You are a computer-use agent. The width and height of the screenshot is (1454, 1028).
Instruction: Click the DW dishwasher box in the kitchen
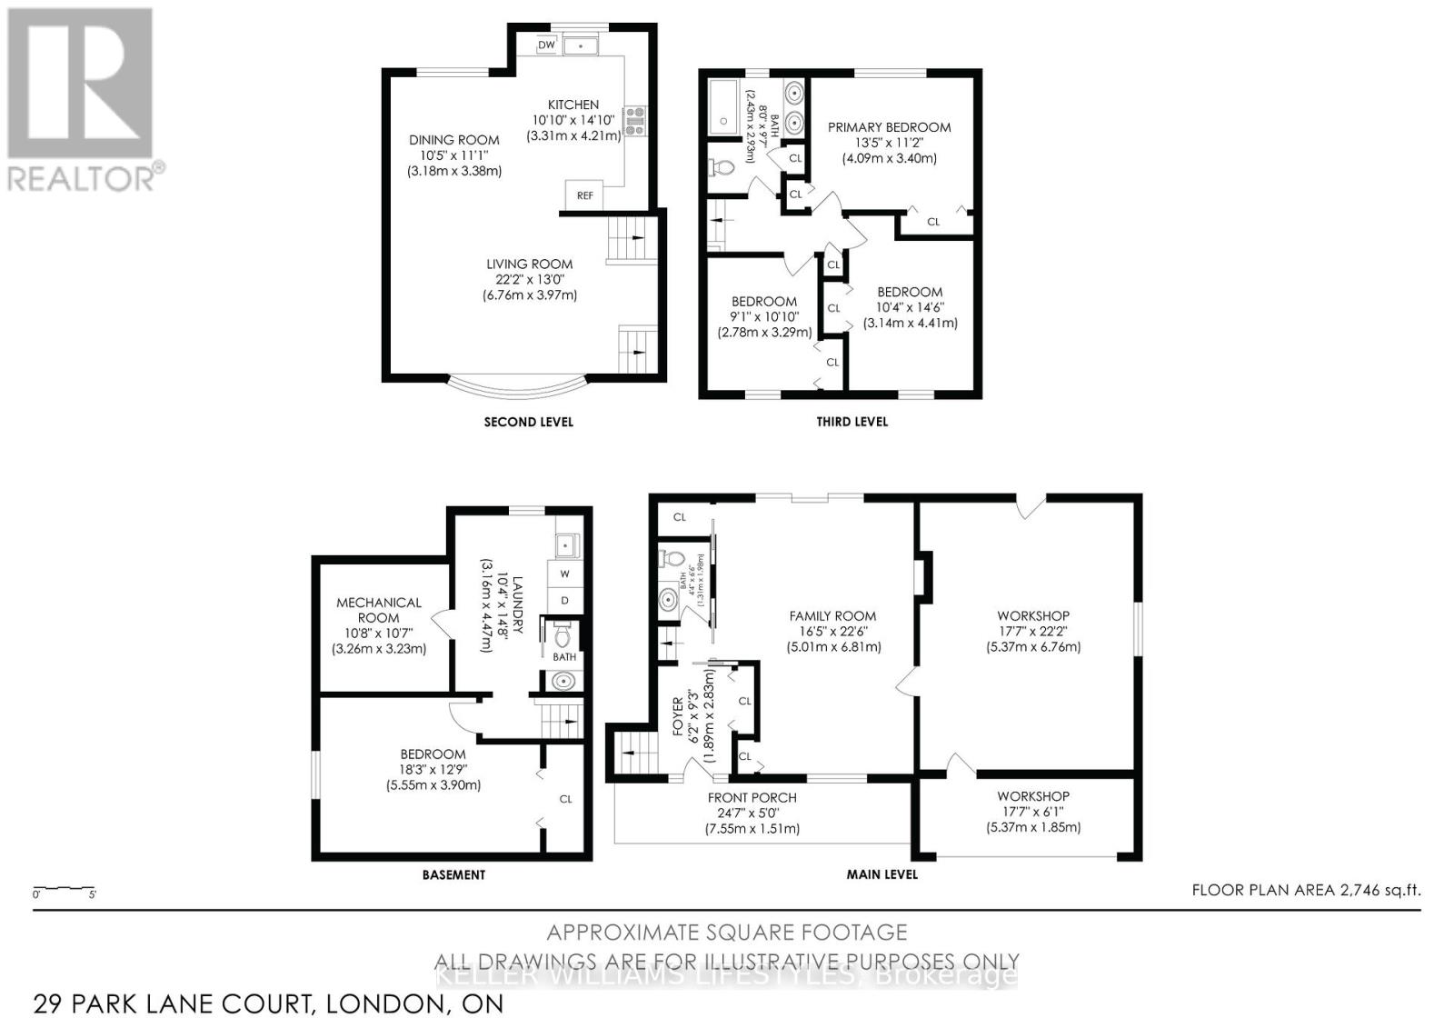point(546,45)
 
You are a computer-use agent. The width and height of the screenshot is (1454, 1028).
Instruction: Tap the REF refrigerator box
point(584,195)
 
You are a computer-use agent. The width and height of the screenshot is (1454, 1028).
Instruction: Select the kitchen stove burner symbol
point(634,121)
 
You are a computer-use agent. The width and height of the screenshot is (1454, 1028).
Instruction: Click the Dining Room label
point(453,140)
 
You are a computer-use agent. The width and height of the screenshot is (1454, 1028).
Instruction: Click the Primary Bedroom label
point(889,127)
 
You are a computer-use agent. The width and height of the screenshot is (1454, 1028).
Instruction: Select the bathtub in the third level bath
point(724,106)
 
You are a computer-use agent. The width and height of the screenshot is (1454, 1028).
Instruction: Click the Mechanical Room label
point(379,609)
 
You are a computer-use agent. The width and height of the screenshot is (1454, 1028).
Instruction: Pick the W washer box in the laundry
point(564,574)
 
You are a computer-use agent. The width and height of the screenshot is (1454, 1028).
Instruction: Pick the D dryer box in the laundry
point(564,601)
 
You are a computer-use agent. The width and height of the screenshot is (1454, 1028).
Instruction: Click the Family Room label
point(832,616)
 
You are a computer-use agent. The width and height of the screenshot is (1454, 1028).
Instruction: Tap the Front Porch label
point(752,798)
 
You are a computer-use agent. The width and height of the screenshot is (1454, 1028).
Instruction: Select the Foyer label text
point(677,716)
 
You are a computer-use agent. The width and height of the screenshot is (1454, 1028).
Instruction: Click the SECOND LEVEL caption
point(528,422)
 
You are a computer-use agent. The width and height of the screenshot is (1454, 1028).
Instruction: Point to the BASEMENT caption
point(453,874)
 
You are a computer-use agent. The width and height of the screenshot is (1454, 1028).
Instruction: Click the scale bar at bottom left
point(64,888)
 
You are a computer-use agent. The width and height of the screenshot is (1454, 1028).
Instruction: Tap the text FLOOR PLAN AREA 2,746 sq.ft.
point(1305,891)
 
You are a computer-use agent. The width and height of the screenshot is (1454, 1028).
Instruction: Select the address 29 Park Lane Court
point(267,1003)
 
